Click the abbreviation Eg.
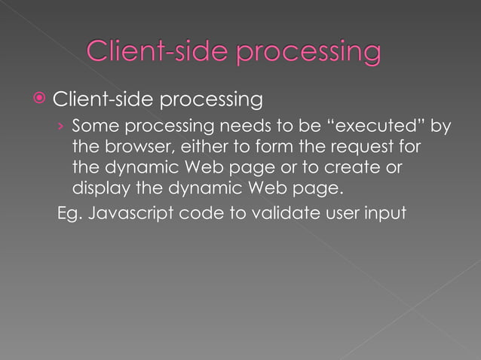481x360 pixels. pos(70,213)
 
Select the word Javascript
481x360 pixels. pos(130,213)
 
